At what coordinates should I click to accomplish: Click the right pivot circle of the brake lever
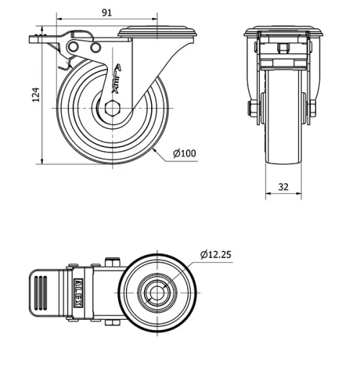coord(95,48)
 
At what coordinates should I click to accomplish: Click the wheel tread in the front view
coord(282,130)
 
